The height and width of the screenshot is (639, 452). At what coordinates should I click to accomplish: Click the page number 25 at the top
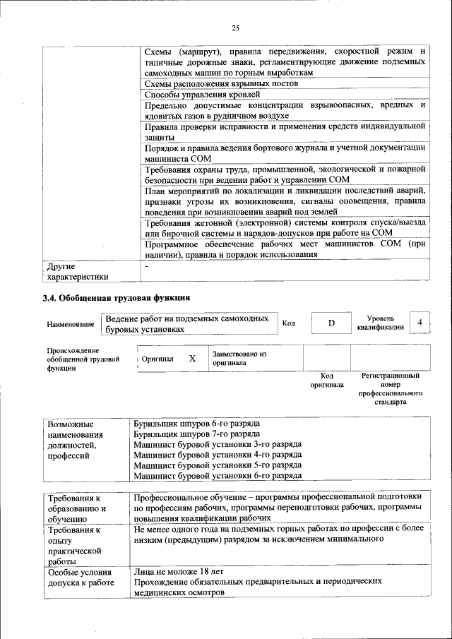pyautogui.click(x=235, y=28)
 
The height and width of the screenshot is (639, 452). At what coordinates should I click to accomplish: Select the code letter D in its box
pyautogui.click(x=331, y=323)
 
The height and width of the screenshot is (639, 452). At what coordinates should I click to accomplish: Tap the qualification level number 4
pyautogui.click(x=420, y=323)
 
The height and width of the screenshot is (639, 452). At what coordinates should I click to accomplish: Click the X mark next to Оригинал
pyautogui.click(x=192, y=358)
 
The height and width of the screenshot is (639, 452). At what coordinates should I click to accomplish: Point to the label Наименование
pyautogui.click(x=71, y=324)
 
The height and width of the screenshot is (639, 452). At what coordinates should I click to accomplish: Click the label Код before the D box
pyautogui.click(x=288, y=323)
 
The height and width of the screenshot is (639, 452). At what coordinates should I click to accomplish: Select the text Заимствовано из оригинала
pyautogui.click(x=239, y=358)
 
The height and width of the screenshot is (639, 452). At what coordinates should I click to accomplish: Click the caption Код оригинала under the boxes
pyautogui.click(x=326, y=381)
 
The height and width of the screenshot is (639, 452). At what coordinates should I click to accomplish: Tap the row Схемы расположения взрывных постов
pyautogui.click(x=220, y=83)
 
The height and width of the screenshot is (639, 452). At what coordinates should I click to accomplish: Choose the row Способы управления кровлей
pyautogui.click(x=203, y=94)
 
